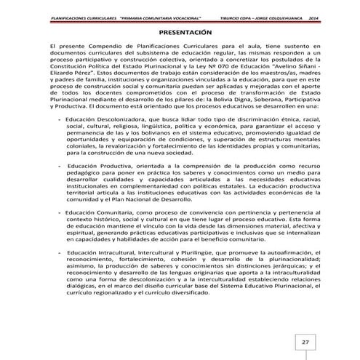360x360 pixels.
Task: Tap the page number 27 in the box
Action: tap(306, 341)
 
